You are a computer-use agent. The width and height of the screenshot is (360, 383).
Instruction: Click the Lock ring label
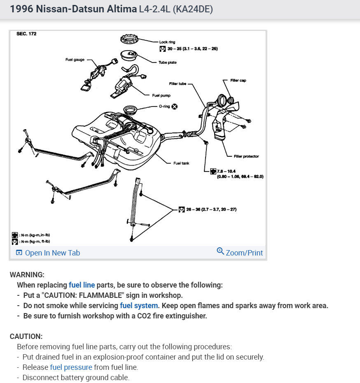[x=167, y=42]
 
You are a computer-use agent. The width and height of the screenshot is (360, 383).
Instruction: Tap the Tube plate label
[x=168, y=63]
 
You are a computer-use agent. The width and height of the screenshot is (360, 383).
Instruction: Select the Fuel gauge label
[x=75, y=60]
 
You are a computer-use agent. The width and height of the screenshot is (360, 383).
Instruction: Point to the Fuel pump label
[x=161, y=95]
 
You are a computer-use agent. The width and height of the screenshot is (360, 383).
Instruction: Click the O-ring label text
[x=164, y=106]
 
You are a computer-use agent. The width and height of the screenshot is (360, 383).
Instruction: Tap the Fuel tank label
[x=181, y=163]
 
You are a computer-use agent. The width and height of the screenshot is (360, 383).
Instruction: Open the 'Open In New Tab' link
[x=52, y=253]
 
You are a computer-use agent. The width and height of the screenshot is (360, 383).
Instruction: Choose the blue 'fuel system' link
[x=139, y=306]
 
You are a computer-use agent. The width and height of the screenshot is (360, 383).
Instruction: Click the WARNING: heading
[x=27, y=274]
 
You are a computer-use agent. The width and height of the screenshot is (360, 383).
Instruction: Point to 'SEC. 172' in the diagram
[x=26, y=34]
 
